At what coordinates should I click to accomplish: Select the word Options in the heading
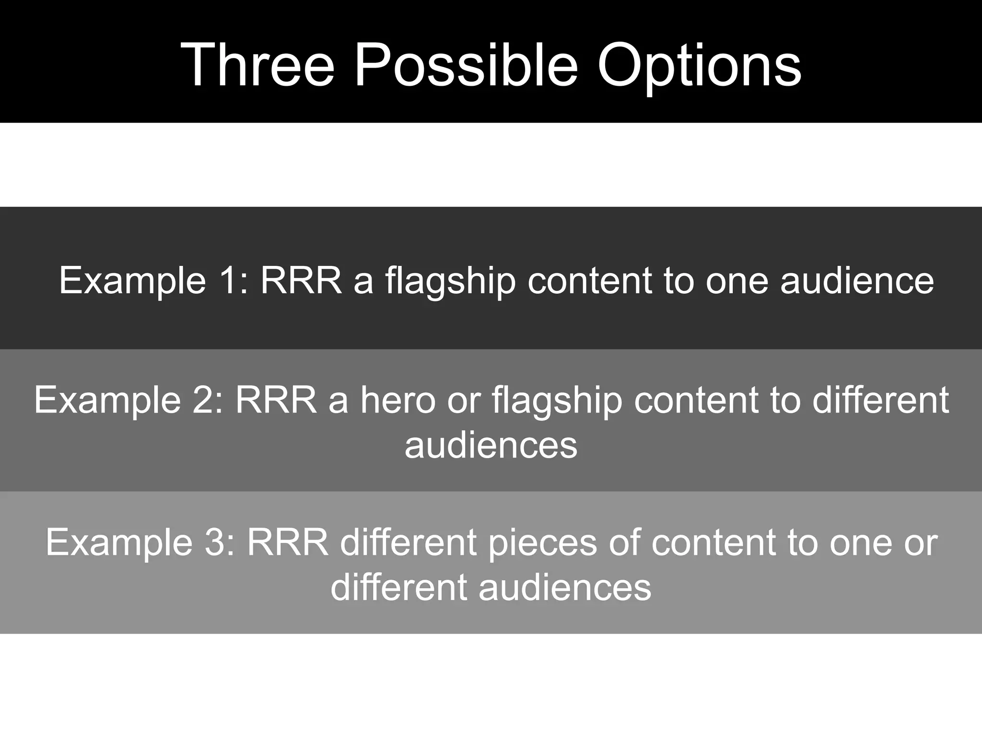pos(699,65)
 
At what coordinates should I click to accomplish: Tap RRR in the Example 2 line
pos(276,400)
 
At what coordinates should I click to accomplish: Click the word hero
pos(398,400)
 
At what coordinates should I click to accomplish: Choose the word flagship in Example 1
pos(450,281)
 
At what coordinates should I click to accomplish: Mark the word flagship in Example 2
pos(557,401)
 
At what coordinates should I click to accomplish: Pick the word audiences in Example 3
pos(565,587)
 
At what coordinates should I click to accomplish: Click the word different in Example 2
pos(880,400)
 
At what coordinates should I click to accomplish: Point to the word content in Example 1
pos(590,281)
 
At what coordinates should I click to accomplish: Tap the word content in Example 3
pos(713,542)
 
